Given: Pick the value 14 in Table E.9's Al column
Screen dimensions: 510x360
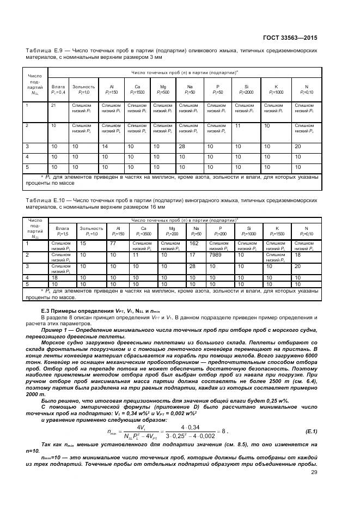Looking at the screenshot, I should point(105,147).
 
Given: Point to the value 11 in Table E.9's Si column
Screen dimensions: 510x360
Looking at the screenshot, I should point(237,125).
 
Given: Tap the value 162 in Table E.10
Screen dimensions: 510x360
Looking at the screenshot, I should point(193,243).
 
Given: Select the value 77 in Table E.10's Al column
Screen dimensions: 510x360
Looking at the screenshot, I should point(113,243).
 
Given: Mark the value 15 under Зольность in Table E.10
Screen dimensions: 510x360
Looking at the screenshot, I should point(83,243).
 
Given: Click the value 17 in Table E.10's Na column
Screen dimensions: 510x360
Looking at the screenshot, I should point(191,254).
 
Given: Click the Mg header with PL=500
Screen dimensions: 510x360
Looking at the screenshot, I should point(163,89).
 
